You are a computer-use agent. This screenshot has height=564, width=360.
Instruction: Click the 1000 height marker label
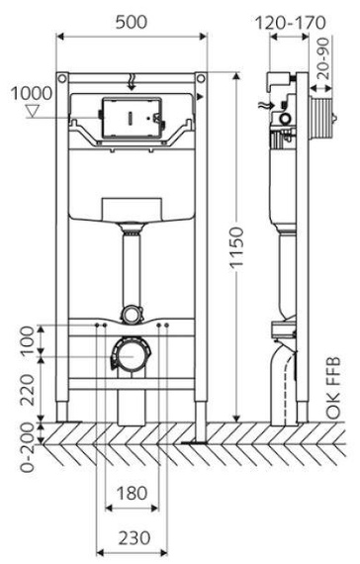pyautogui.click(x=30, y=93)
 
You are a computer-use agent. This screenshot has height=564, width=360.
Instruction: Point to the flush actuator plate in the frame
pyautogui.click(x=131, y=117)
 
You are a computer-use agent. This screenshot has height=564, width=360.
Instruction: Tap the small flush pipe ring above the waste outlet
pyautogui.click(x=131, y=315)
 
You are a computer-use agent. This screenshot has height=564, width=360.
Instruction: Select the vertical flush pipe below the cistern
pyautogui.click(x=131, y=267)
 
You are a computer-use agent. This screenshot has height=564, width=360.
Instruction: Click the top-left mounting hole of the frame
pyautogui.click(x=62, y=77)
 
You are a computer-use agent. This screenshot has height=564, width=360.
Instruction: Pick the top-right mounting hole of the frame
pyautogui.click(x=200, y=77)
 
